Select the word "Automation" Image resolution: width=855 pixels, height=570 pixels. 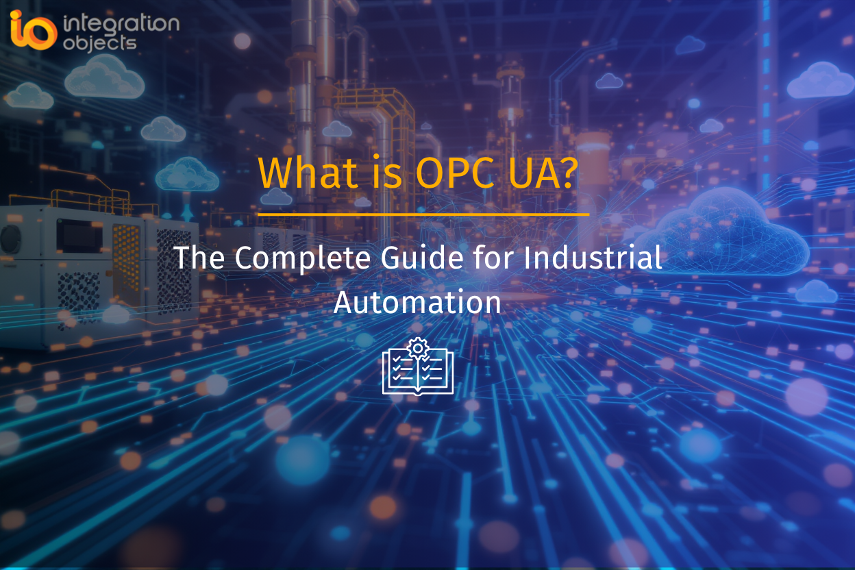point(417,302)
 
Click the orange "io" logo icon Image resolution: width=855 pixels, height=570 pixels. point(32,29)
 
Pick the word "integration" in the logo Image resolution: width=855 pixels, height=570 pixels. point(121,24)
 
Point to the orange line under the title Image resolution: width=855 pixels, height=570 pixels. point(423,214)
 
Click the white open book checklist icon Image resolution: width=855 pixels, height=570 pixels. point(418,372)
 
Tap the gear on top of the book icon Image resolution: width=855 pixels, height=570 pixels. point(417,347)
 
